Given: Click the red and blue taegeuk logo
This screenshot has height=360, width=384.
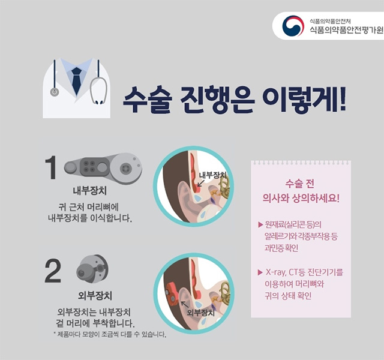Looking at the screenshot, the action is [x=293, y=26].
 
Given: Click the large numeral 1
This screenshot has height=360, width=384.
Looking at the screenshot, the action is [x=51, y=167].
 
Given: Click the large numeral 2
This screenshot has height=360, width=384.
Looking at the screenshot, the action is [x=53, y=271].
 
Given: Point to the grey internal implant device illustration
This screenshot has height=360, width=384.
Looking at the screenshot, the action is [x=103, y=167].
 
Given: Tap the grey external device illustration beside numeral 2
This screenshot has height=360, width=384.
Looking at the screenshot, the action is [x=92, y=268].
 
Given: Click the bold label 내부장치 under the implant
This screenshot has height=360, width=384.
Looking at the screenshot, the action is [x=90, y=191].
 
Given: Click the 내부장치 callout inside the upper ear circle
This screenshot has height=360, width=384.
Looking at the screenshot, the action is [x=212, y=175].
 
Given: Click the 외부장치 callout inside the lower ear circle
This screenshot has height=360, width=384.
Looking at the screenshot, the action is [x=200, y=313].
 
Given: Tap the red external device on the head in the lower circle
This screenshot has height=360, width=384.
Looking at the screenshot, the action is [x=171, y=292].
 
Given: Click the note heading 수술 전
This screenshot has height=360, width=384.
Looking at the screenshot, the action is [x=299, y=184].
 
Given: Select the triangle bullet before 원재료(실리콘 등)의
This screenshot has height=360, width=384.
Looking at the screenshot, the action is [x=260, y=224].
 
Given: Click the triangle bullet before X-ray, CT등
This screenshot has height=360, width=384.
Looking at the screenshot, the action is [x=260, y=272].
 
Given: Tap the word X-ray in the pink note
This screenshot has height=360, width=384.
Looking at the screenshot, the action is [x=276, y=272].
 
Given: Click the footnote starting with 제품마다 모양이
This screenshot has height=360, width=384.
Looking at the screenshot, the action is [x=109, y=334].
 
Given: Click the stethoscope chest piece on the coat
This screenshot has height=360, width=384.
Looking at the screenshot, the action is [x=55, y=92].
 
